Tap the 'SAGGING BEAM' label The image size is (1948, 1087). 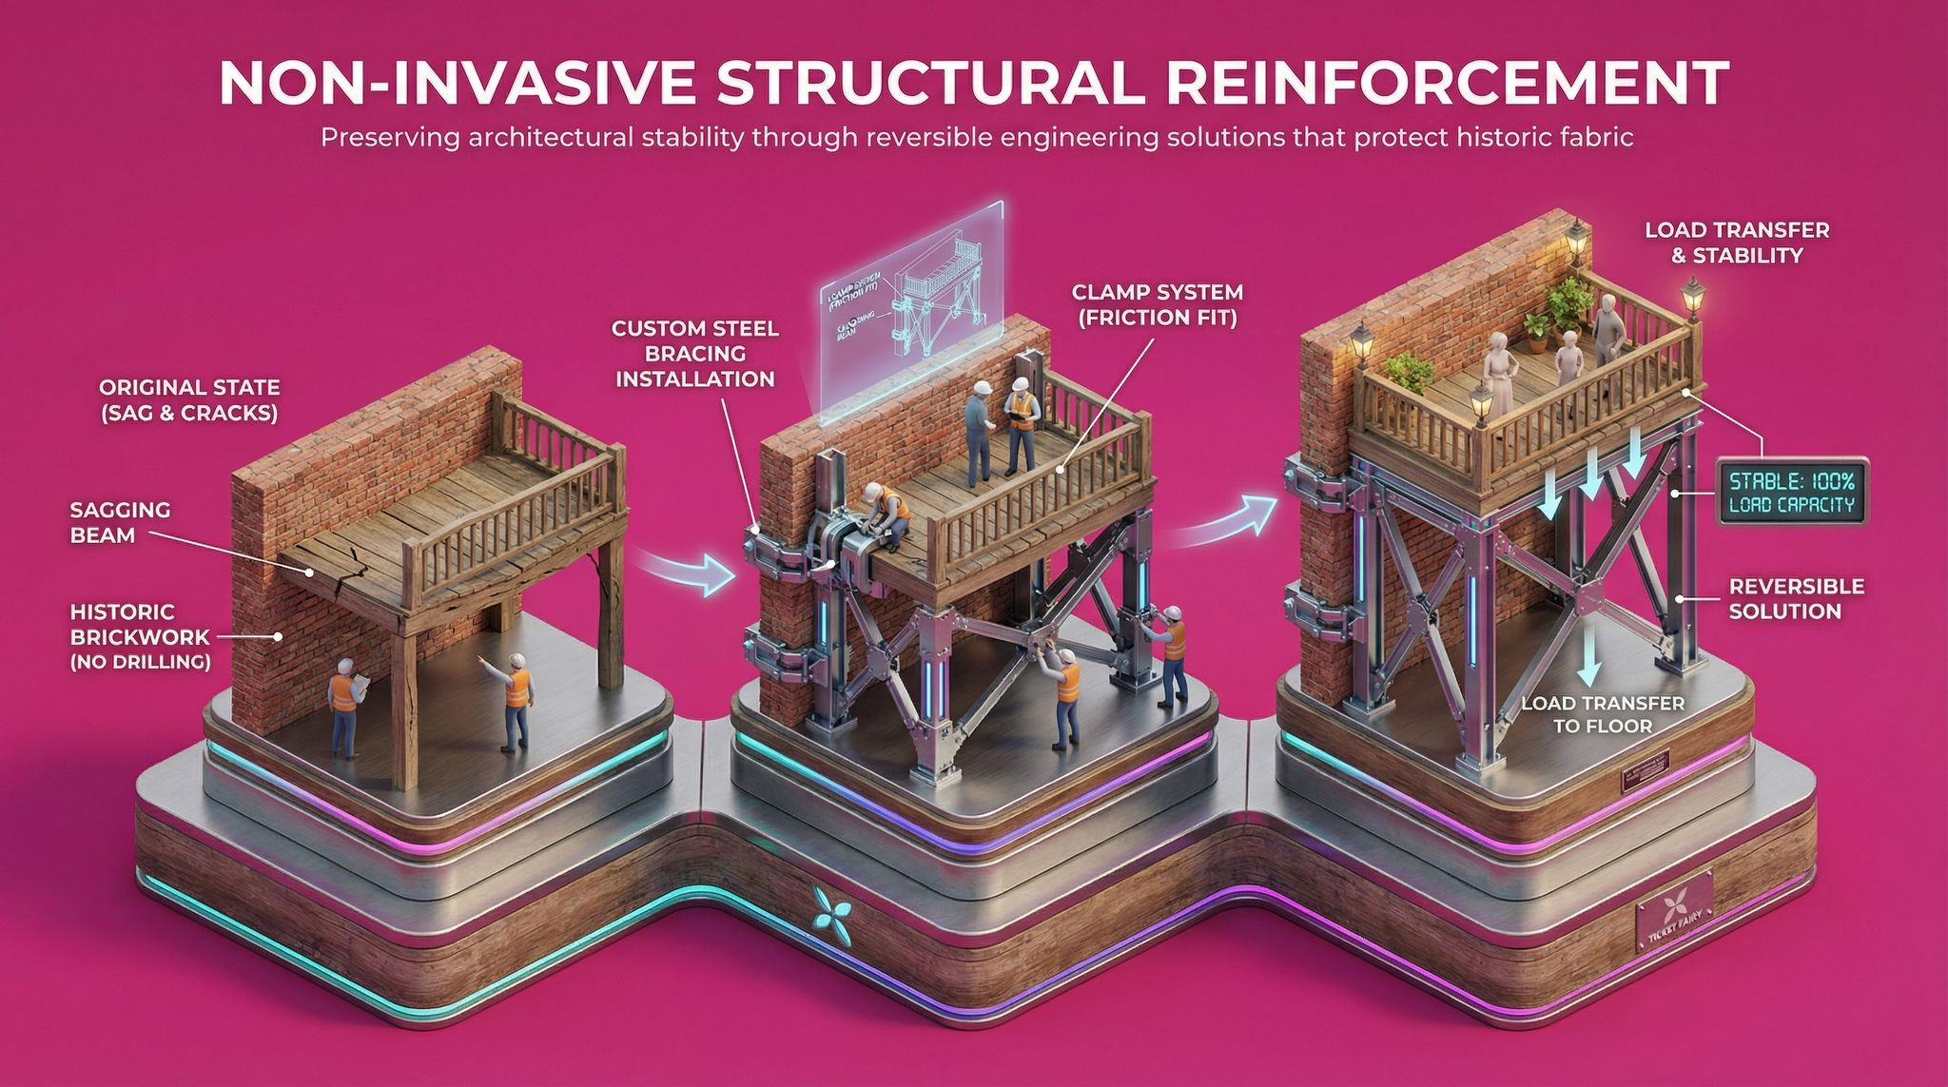point(120,522)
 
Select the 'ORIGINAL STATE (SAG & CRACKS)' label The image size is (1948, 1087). point(189,400)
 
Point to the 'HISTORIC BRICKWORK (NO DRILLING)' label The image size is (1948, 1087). point(140,636)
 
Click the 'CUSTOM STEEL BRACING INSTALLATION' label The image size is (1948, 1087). point(694,354)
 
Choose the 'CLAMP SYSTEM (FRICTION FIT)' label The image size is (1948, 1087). point(1157,304)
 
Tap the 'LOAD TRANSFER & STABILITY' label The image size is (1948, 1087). point(1737,242)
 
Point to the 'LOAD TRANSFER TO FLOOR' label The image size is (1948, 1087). point(1603,714)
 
